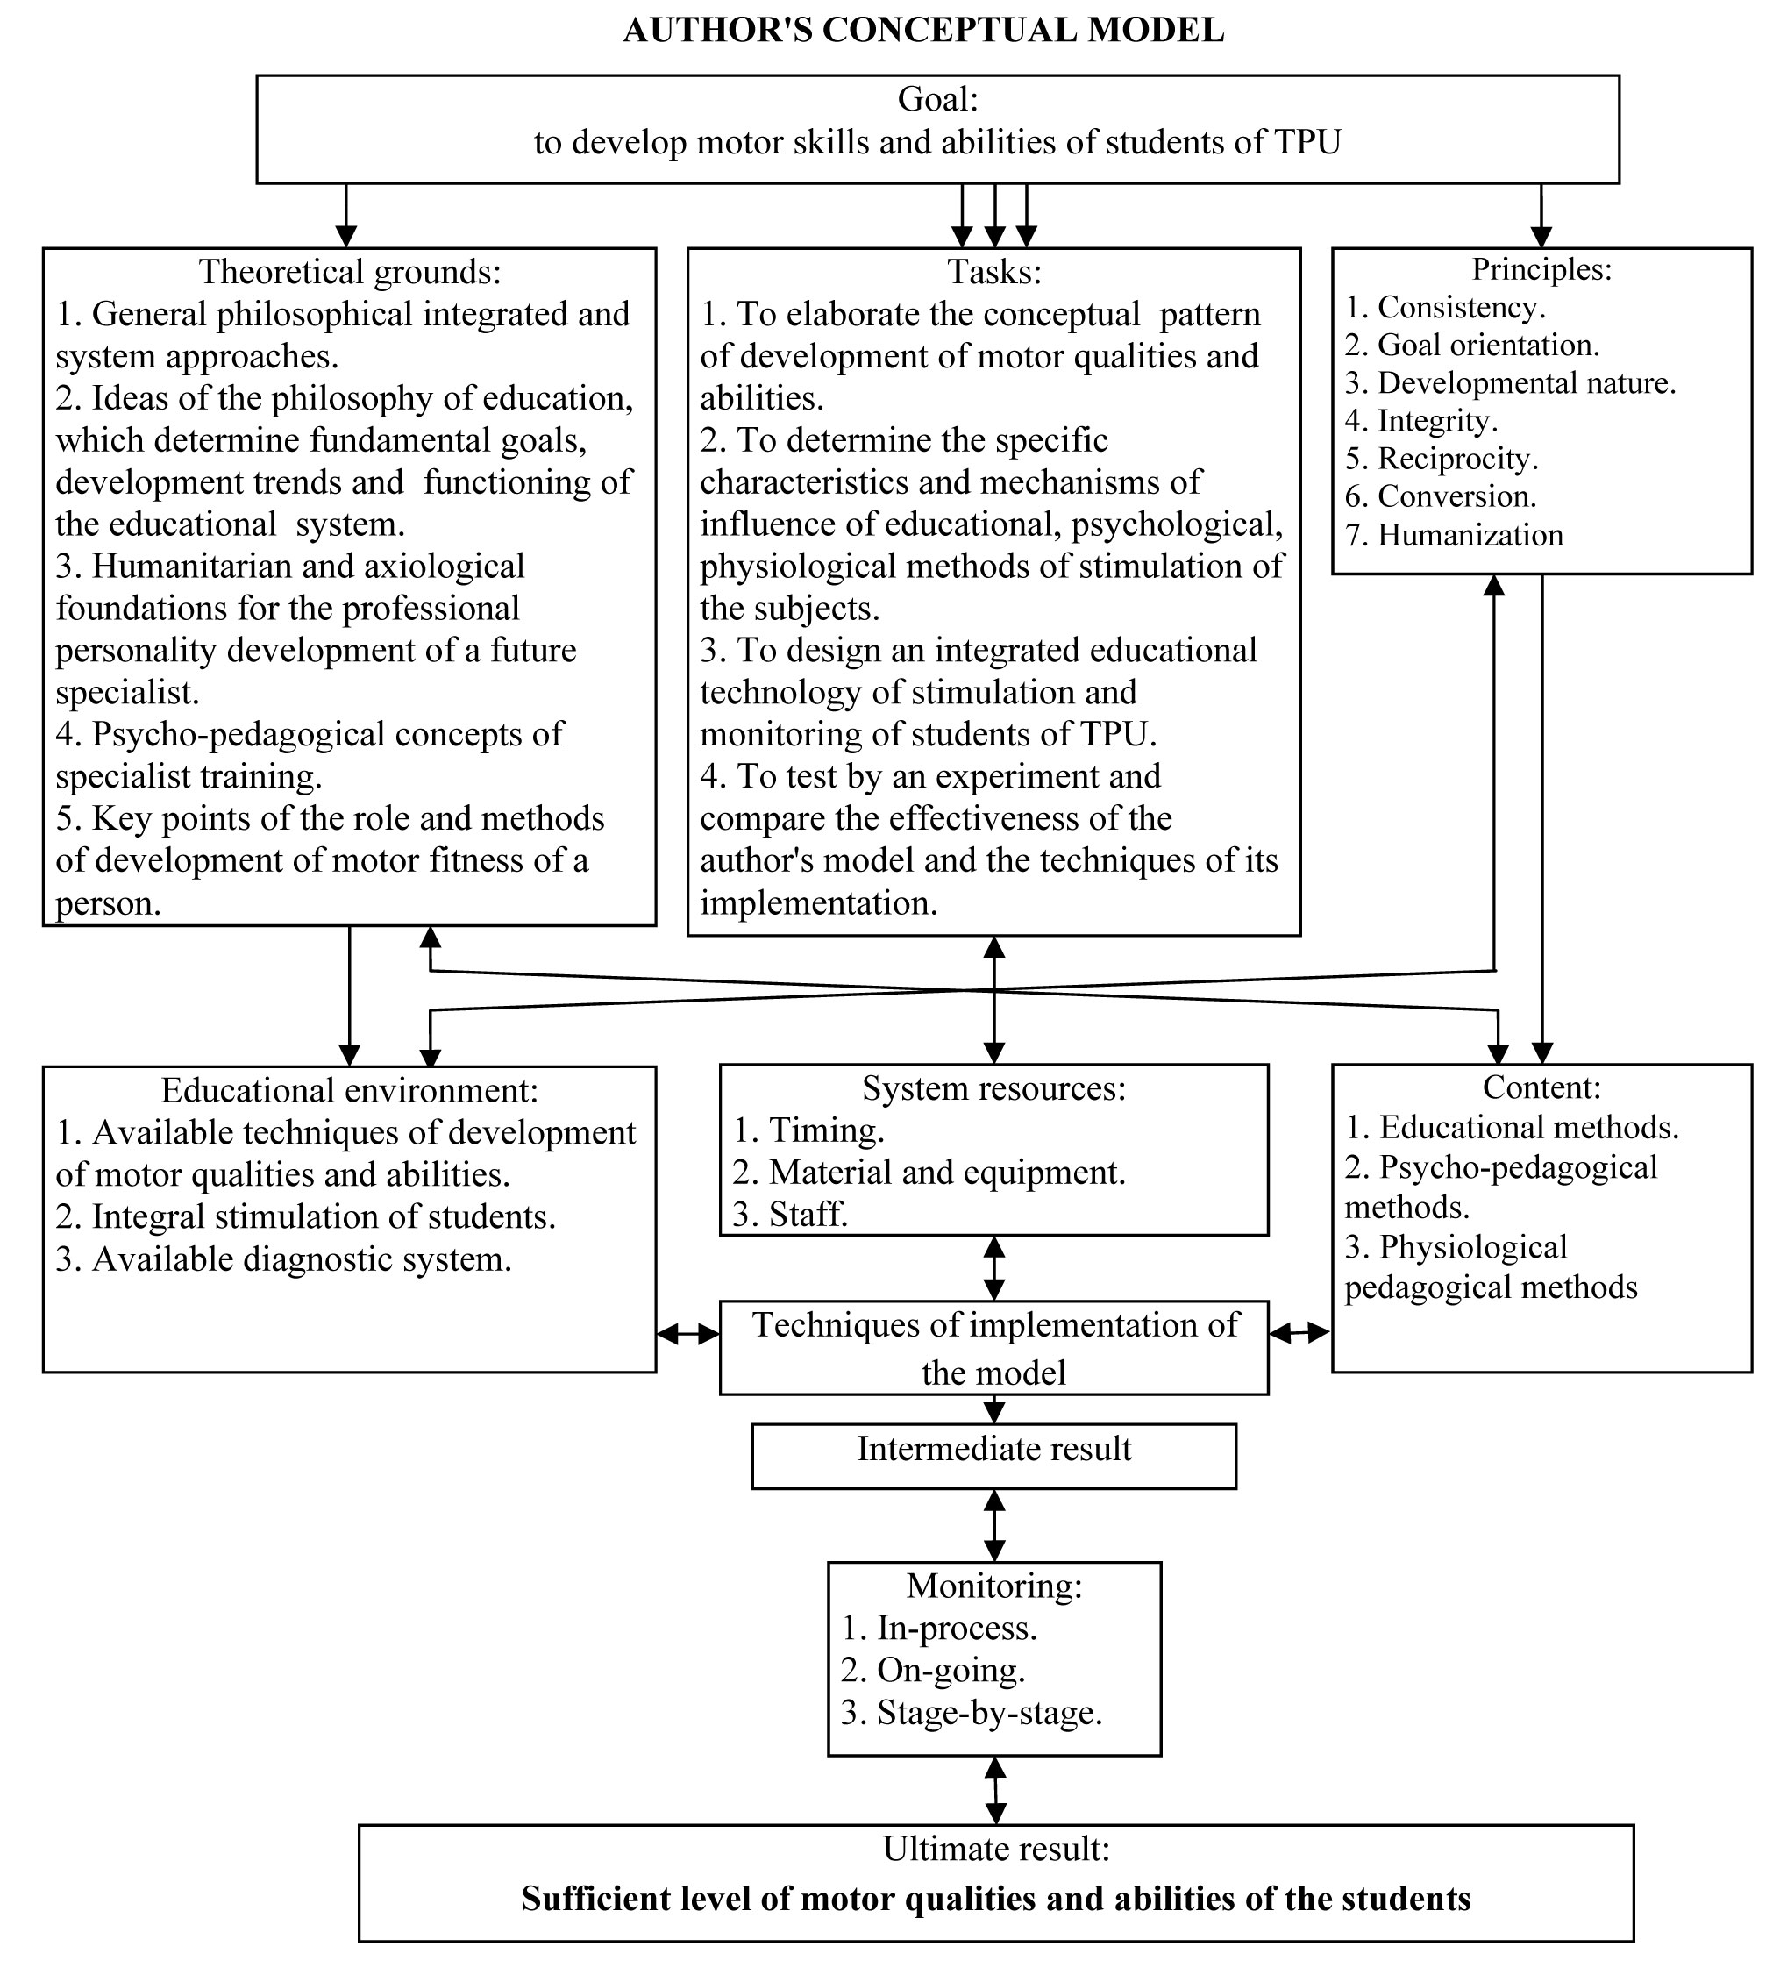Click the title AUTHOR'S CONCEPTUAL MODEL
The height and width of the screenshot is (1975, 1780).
(923, 31)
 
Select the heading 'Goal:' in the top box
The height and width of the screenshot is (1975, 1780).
(937, 99)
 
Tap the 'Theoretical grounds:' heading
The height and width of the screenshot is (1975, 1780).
(350, 271)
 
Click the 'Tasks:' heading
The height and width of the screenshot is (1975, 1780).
(993, 271)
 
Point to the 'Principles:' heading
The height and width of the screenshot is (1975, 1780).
(1541, 268)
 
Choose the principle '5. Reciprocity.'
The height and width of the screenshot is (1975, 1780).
(1441, 459)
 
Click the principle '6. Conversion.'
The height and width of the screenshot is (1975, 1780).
(1440, 497)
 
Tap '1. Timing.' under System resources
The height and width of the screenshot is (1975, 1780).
(808, 1130)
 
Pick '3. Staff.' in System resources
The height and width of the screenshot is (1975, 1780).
(790, 1215)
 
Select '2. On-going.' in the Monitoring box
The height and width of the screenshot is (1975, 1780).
(932, 1670)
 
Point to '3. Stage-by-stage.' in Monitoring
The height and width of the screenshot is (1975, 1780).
(972, 1712)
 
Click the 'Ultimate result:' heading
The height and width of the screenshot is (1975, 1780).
(995, 1848)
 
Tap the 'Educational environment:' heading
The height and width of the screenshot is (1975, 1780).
(350, 1090)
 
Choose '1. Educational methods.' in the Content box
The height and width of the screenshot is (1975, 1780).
(1511, 1128)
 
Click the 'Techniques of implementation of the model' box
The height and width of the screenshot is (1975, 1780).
(993, 1349)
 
